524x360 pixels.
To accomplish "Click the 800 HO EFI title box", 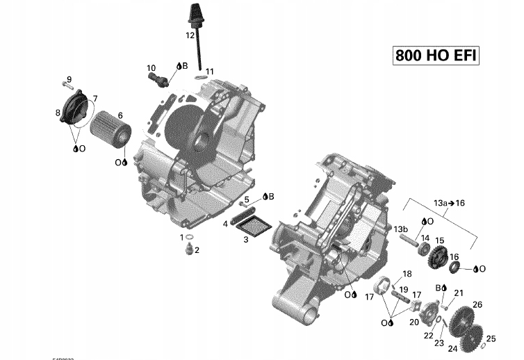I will click(x=436, y=56).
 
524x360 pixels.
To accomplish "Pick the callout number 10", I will click(x=151, y=67).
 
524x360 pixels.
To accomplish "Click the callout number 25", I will click(x=491, y=338).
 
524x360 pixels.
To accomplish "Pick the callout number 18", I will click(x=407, y=273).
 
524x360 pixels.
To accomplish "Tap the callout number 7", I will click(x=94, y=98).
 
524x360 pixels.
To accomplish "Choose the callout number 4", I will click(x=226, y=224).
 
